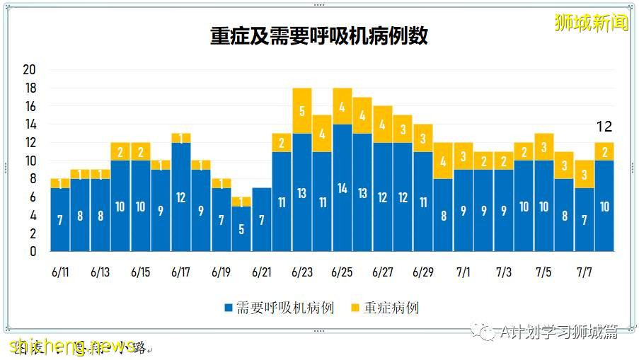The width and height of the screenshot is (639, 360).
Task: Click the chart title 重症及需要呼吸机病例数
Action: point(318,36)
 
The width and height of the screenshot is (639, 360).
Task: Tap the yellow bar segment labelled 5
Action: point(302,110)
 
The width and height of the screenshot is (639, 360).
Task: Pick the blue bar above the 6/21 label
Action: point(262,219)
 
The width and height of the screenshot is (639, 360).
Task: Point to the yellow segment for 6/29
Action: point(423,138)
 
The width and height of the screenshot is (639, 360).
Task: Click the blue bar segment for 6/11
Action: point(60,219)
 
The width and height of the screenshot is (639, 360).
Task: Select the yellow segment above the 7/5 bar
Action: point(544,146)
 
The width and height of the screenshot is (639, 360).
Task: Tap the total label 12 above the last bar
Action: point(604,127)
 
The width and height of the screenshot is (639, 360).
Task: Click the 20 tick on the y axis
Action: point(29,70)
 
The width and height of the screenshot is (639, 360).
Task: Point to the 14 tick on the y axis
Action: point(29,124)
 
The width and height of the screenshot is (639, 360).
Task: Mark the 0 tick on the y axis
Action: point(33,251)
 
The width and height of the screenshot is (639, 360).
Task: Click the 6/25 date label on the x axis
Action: point(342,272)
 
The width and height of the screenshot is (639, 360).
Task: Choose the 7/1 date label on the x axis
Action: point(464,272)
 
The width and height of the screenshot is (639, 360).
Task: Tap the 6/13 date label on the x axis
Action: point(100,272)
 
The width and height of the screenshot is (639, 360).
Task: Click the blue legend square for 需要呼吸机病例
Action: point(228,308)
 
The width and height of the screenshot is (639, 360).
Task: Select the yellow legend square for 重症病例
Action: point(356,308)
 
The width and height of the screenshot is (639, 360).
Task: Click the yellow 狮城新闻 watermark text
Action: point(592,23)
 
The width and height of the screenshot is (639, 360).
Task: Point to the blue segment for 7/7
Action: point(585,219)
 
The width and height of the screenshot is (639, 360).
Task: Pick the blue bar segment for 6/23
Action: point(302,192)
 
